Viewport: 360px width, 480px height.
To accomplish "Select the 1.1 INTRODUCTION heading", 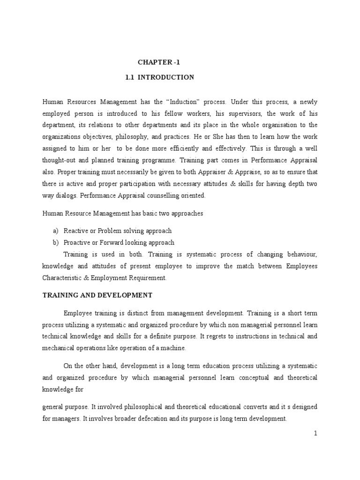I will (x=160, y=77).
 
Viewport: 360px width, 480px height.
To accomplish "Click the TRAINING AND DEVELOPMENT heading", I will (x=97, y=295).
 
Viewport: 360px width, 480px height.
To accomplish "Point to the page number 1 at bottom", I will (x=316, y=434).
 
